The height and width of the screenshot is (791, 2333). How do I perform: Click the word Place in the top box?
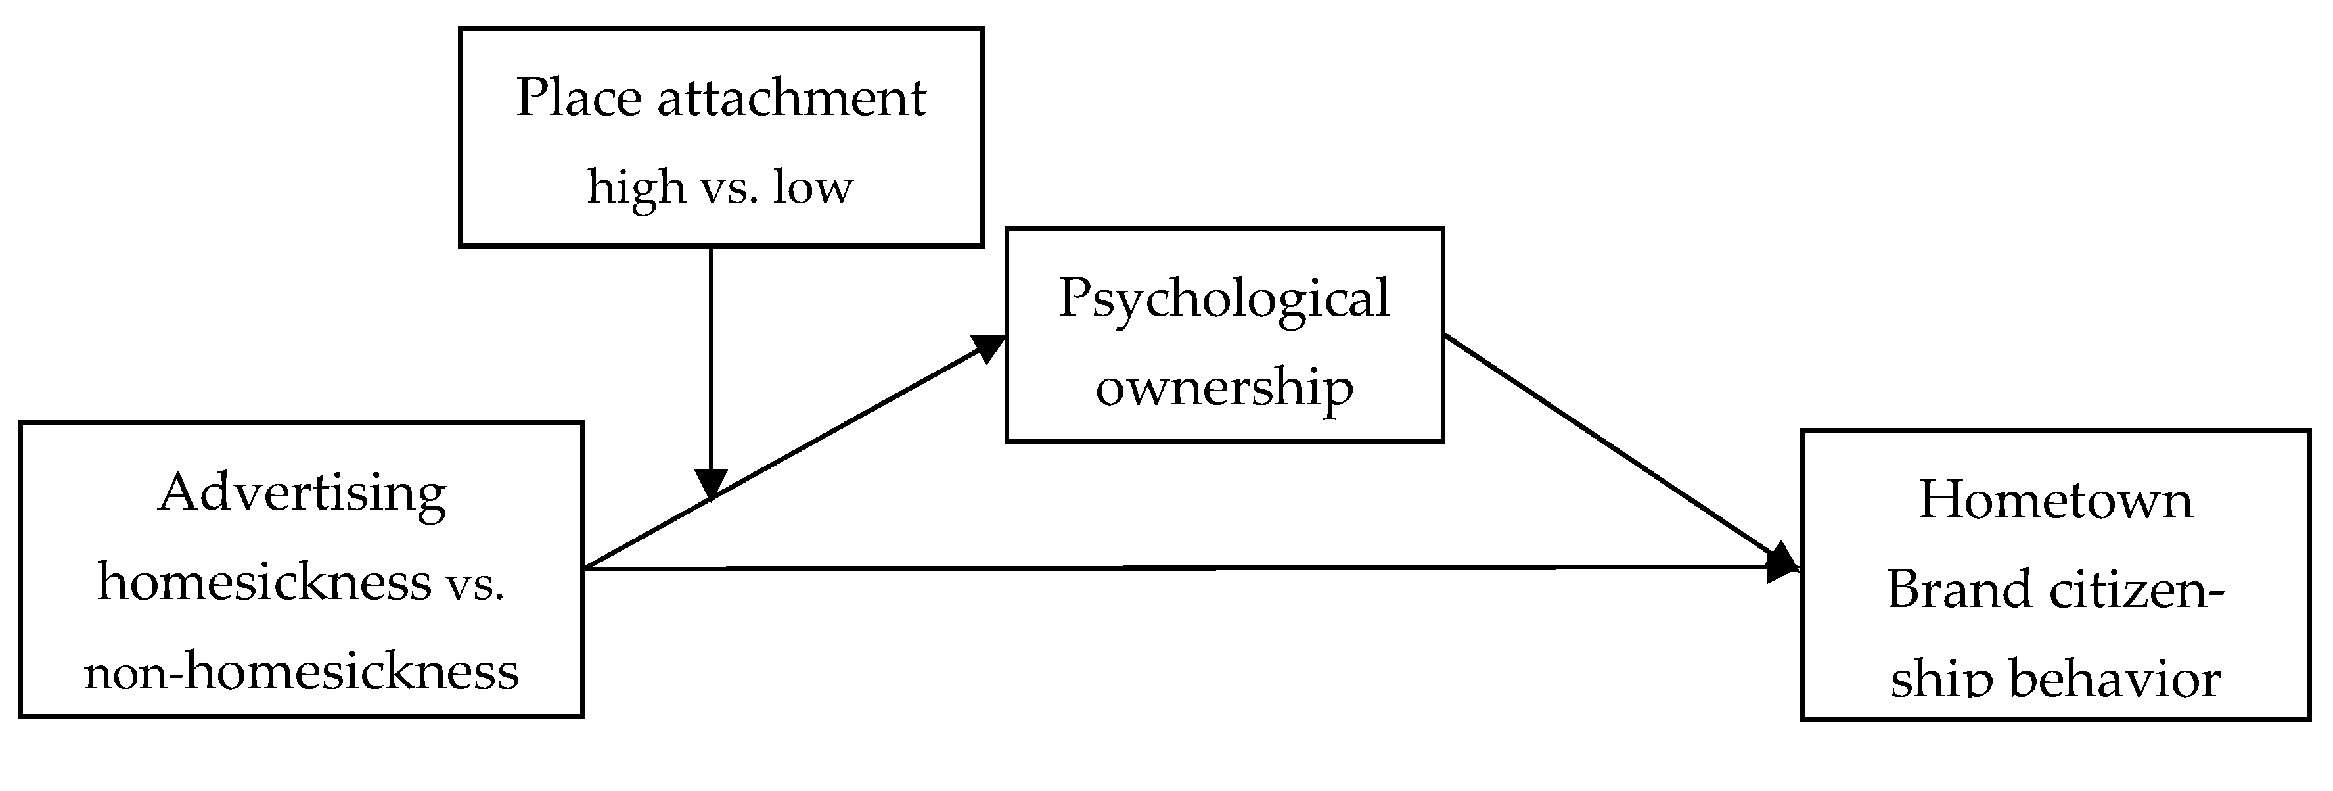point(579,98)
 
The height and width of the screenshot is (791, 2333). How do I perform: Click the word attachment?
point(792,98)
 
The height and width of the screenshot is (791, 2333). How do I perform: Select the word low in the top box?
point(813,187)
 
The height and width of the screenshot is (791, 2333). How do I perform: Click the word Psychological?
point(1223,300)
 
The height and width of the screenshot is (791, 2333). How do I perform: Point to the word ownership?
point(1223,388)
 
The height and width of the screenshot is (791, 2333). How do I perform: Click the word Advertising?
point(302,494)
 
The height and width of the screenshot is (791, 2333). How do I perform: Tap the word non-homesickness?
point(302,672)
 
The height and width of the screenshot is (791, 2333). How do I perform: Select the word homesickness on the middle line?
point(265,582)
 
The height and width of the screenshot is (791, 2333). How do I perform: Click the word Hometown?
point(2055,500)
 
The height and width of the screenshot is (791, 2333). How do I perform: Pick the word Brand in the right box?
point(1946,590)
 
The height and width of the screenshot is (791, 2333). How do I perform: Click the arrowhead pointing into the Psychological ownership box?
point(991,348)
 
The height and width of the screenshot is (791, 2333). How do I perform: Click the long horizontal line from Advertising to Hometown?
point(1177,568)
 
